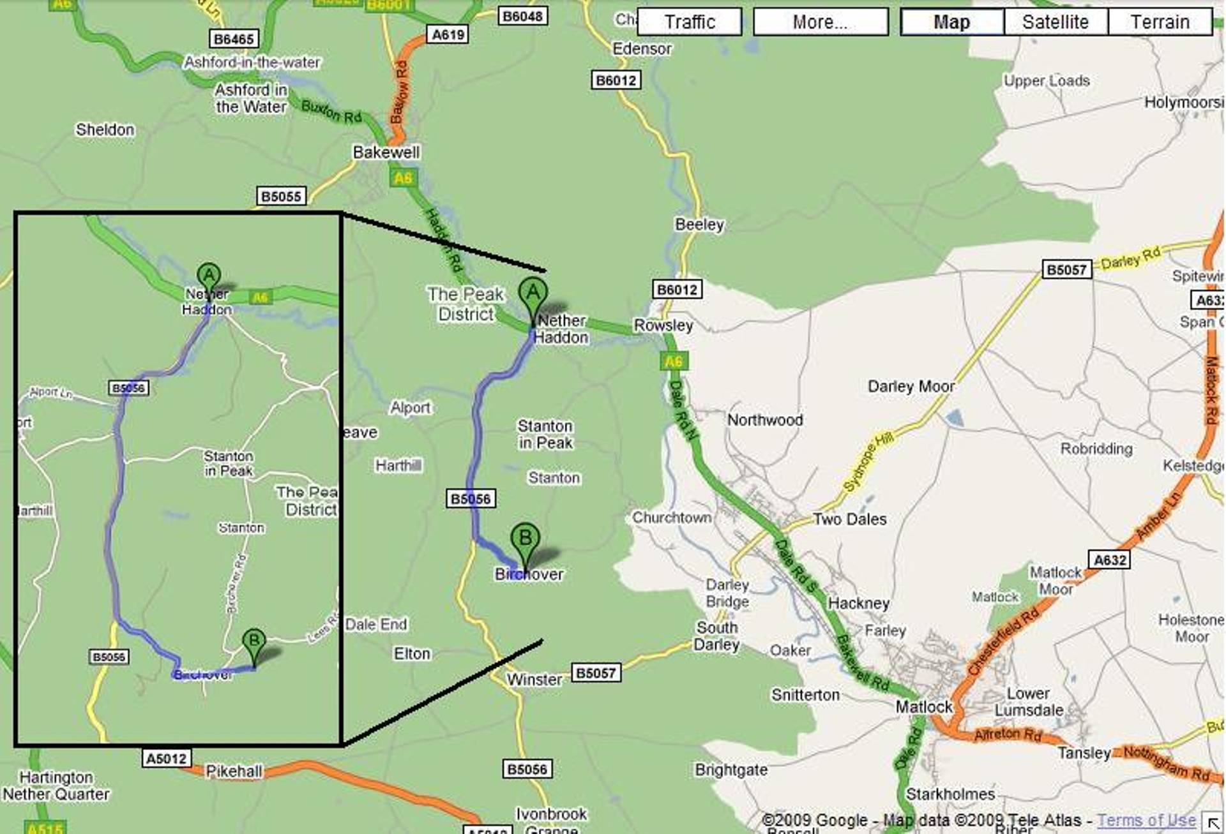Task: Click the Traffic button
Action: [689, 22]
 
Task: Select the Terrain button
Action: [1160, 22]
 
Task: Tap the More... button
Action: [820, 22]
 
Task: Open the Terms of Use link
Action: [1146, 820]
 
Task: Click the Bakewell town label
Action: [386, 152]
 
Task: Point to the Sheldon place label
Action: [105, 130]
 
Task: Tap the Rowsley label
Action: [663, 325]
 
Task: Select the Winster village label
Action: [534, 680]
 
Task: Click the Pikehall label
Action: [234, 771]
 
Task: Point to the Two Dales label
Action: [849, 519]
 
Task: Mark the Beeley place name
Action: [699, 225]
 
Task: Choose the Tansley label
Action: [1084, 753]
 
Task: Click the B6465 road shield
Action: [234, 39]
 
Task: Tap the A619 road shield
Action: [448, 34]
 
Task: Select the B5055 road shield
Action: [281, 196]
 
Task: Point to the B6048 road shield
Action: [522, 16]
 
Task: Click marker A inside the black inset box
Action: [209, 277]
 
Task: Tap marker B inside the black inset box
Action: [254, 642]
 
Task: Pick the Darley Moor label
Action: [911, 386]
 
